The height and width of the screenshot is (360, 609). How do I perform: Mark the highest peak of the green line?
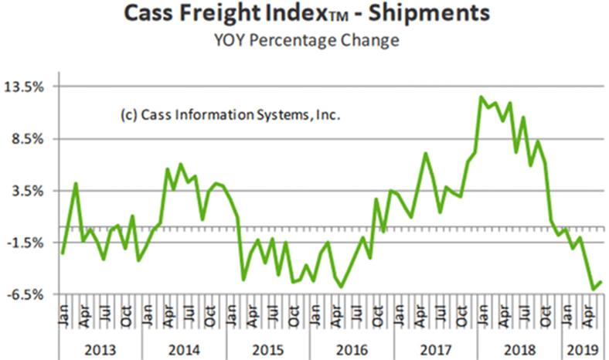(x=481, y=97)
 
